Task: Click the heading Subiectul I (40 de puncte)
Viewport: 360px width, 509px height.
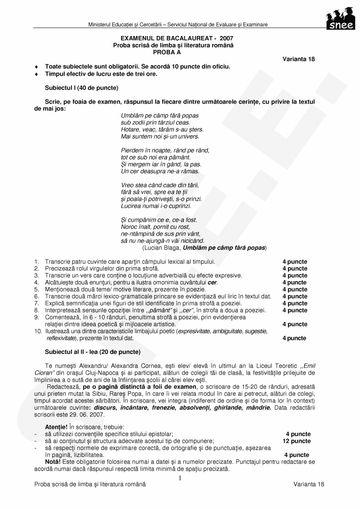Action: (82, 88)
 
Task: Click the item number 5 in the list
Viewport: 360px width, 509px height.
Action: (36, 289)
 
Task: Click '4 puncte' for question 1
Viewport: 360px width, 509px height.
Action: (294, 262)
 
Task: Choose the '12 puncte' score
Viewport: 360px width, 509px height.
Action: (296, 441)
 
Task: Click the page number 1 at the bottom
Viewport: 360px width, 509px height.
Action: (180, 478)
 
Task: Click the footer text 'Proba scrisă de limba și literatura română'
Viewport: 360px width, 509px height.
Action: (90, 485)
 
